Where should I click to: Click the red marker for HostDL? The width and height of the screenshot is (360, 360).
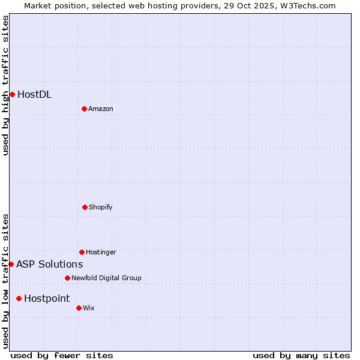(x=12, y=94)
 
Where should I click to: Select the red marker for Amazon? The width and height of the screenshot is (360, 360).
(x=84, y=109)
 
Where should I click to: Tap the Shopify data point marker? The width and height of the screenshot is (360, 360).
(x=85, y=207)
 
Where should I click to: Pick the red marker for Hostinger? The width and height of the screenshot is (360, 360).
(x=82, y=252)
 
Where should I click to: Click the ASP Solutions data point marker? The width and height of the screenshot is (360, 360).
(x=11, y=264)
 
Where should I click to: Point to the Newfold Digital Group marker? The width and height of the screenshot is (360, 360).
(x=67, y=278)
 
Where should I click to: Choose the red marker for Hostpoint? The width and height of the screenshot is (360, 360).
(x=19, y=298)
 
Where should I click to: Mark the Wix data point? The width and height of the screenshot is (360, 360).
(x=79, y=308)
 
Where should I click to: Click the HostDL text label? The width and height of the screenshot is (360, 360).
(x=34, y=94)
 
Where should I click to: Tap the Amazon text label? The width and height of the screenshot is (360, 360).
(x=101, y=109)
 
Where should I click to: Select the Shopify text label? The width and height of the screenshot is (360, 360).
(x=100, y=207)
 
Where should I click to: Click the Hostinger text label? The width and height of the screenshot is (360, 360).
(x=101, y=252)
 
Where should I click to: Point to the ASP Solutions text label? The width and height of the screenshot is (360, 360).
(x=49, y=264)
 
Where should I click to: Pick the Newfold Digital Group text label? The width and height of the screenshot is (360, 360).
(x=106, y=278)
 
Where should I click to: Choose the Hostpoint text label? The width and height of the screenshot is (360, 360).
(x=47, y=298)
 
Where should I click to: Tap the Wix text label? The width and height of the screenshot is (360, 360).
(x=89, y=308)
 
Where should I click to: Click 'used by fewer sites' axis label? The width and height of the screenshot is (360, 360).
(x=62, y=355)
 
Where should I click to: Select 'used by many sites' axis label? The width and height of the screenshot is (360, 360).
(x=301, y=355)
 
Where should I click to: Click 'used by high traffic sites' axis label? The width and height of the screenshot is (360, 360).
(x=5, y=85)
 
